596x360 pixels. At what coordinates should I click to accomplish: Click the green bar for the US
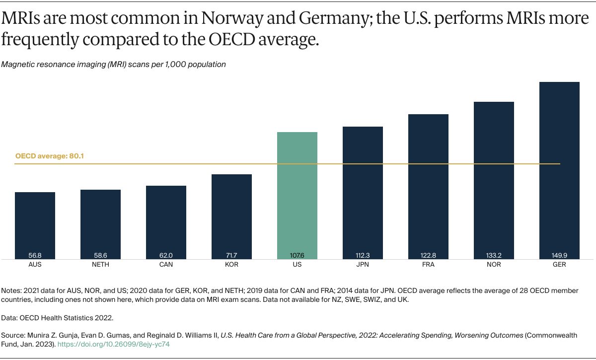click(x=297, y=194)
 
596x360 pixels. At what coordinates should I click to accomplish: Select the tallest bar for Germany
click(x=559, y=169)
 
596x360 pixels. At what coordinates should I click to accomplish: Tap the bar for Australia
click(x=35, y=223)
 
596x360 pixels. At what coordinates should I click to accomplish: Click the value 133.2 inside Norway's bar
click(x=494, y=255)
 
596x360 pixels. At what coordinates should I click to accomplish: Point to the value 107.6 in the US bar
click(x=297, y=255)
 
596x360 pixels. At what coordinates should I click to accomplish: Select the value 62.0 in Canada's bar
click(x=166, y=255)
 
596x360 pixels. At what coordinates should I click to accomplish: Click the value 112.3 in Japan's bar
click(x=363, y=255)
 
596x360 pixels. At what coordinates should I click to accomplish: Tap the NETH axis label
click(x=100, y=265)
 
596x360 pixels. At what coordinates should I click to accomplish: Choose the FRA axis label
click(x=428, y=265)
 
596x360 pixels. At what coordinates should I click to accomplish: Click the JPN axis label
click(x=363, y=265)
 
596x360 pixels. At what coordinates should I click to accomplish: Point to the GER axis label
click(x=559, y=265)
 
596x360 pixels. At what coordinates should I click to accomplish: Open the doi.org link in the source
click(x=114, y=344)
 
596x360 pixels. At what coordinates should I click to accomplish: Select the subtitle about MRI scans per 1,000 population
click(x=114, y=64)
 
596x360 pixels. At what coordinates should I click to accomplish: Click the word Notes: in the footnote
click(x=12, y=290)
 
